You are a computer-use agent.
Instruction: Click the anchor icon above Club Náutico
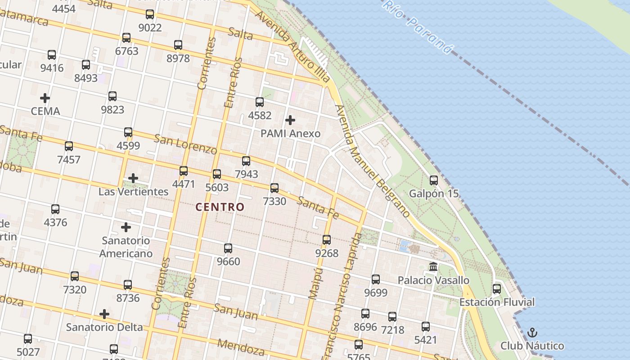click(x=532, y=333)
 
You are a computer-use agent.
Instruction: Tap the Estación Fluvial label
click(x=497, y=302)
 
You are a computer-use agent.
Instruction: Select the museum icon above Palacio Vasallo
click(x=433, y=267)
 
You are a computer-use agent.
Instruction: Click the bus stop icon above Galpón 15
click(x=434, y=180)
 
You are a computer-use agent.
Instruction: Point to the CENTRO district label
click(x=220, y=207)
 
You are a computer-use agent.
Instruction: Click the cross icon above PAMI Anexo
click(x=290, y=120)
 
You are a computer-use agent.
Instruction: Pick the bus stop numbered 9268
click(x=327, y=240)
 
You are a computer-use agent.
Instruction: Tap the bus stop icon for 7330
click(x=274, y=188)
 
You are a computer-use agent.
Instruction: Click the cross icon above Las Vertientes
click(x=133, y=178)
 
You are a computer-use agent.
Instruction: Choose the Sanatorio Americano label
click(x=126, y=247)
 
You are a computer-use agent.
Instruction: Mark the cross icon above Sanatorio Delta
click(x=104, y=314)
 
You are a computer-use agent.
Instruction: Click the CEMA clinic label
click(x=45, y=111)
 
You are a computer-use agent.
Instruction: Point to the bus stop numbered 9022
click(x=150, y=14)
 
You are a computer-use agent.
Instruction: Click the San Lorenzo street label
click(x=185, y=144)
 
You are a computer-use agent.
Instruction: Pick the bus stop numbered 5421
click(x=426, y=327)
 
